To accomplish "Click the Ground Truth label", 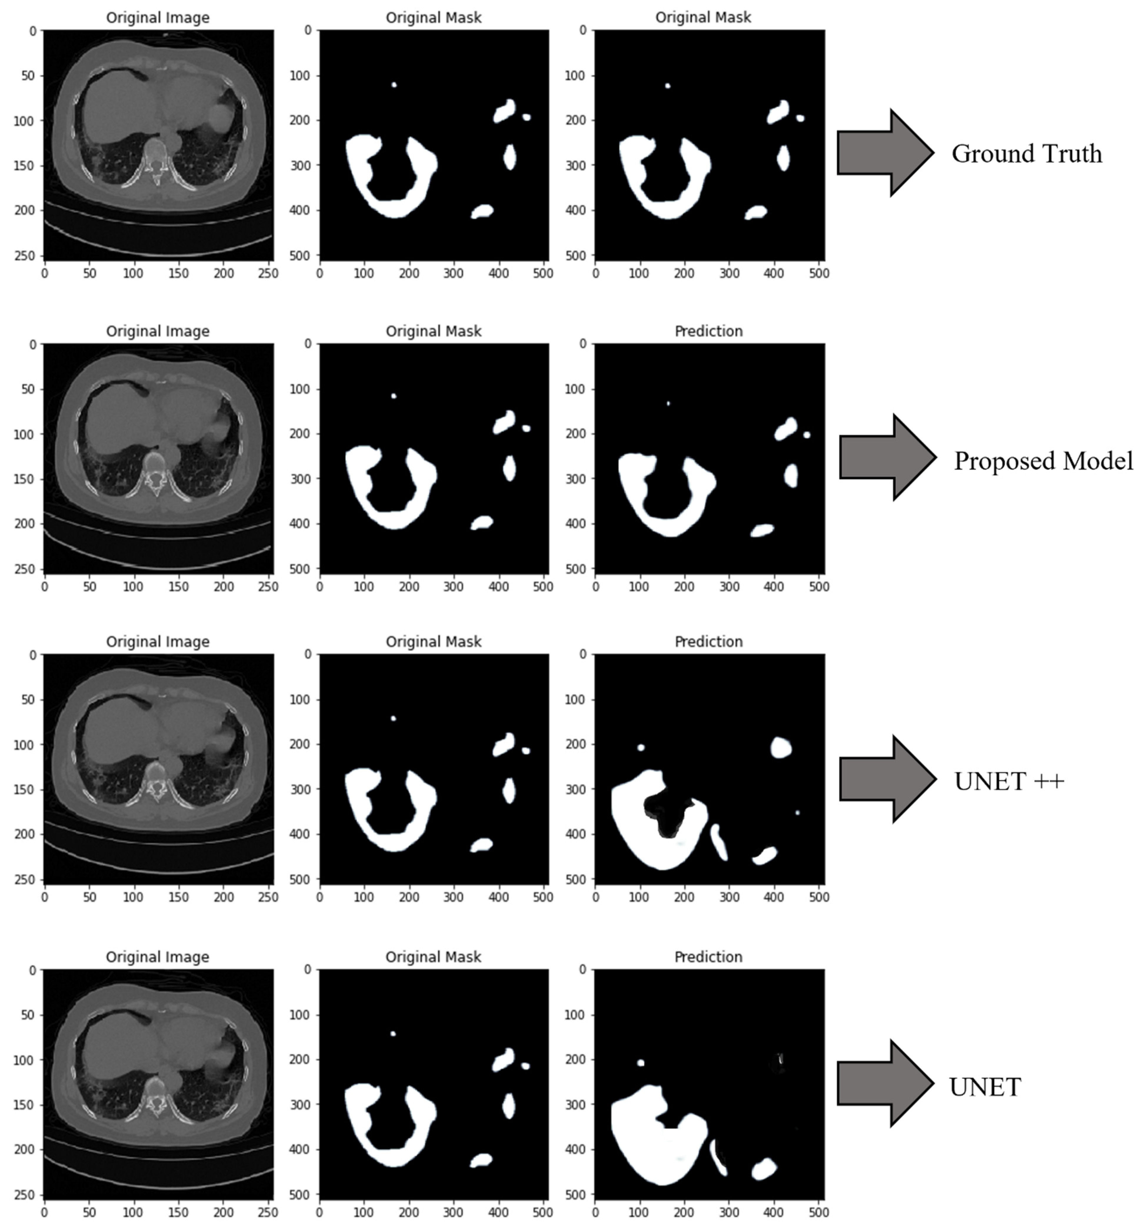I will coord(1026,154).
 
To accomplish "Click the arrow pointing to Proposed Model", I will coord(887,457).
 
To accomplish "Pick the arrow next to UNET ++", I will coord(887,779).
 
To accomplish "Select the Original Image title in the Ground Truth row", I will coord(157,17).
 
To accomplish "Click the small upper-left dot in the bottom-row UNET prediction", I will coord(640,1063).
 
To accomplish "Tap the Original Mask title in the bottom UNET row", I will coord(433,957).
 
